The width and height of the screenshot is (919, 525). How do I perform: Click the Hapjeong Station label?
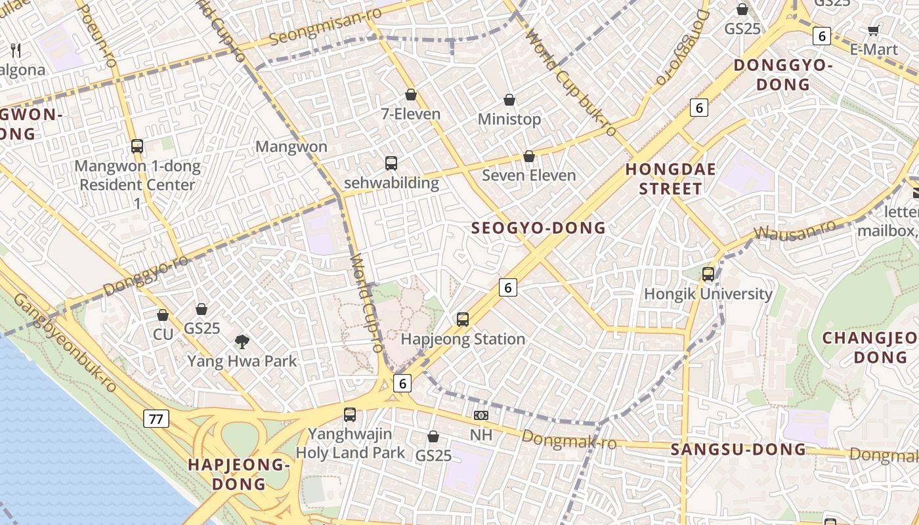463,339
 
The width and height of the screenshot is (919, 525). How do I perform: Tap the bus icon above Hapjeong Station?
463,320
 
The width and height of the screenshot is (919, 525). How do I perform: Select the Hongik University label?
708,293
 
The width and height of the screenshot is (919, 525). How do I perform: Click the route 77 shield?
156,419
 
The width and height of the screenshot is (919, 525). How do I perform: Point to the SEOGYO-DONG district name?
538,228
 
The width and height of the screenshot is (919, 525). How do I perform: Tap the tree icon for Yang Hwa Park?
242,341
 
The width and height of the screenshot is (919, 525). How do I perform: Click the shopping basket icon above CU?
163,316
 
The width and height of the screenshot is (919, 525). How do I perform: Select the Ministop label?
509,119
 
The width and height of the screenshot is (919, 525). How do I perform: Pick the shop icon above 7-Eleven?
411,95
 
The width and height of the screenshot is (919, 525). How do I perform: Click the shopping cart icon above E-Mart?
874,30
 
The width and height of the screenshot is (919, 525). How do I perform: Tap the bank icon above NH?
481,415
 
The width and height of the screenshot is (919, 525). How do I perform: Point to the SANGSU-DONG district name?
738,450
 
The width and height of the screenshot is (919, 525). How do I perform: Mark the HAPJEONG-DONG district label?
238,474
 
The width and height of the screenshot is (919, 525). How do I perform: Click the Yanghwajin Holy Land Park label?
351,443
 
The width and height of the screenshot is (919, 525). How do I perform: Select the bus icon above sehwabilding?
391,163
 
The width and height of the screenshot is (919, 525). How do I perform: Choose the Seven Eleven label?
528,175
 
